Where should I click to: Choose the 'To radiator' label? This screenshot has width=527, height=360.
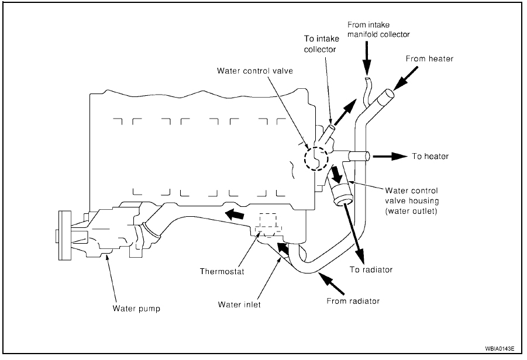371,269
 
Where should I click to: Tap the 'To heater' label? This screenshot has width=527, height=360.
430,156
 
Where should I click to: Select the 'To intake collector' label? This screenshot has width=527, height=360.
320,44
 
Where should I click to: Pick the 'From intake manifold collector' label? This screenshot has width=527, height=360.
378,30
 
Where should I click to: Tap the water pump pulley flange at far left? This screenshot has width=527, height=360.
61,234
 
